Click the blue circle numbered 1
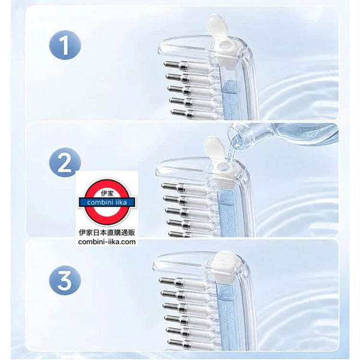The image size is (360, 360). (65, 45)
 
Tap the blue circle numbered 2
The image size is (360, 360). (65, 163)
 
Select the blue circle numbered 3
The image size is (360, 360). (65, 280)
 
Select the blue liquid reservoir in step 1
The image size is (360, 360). (230, 100)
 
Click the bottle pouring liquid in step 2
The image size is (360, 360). (283, 135)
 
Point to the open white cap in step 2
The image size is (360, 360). (214, 146)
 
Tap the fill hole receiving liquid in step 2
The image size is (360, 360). (222, 166)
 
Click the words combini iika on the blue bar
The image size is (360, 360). (107, 202)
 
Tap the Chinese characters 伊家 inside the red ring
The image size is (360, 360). (107, 194)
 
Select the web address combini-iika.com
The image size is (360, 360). (107, 242)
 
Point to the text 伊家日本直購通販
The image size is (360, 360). (107, 233)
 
